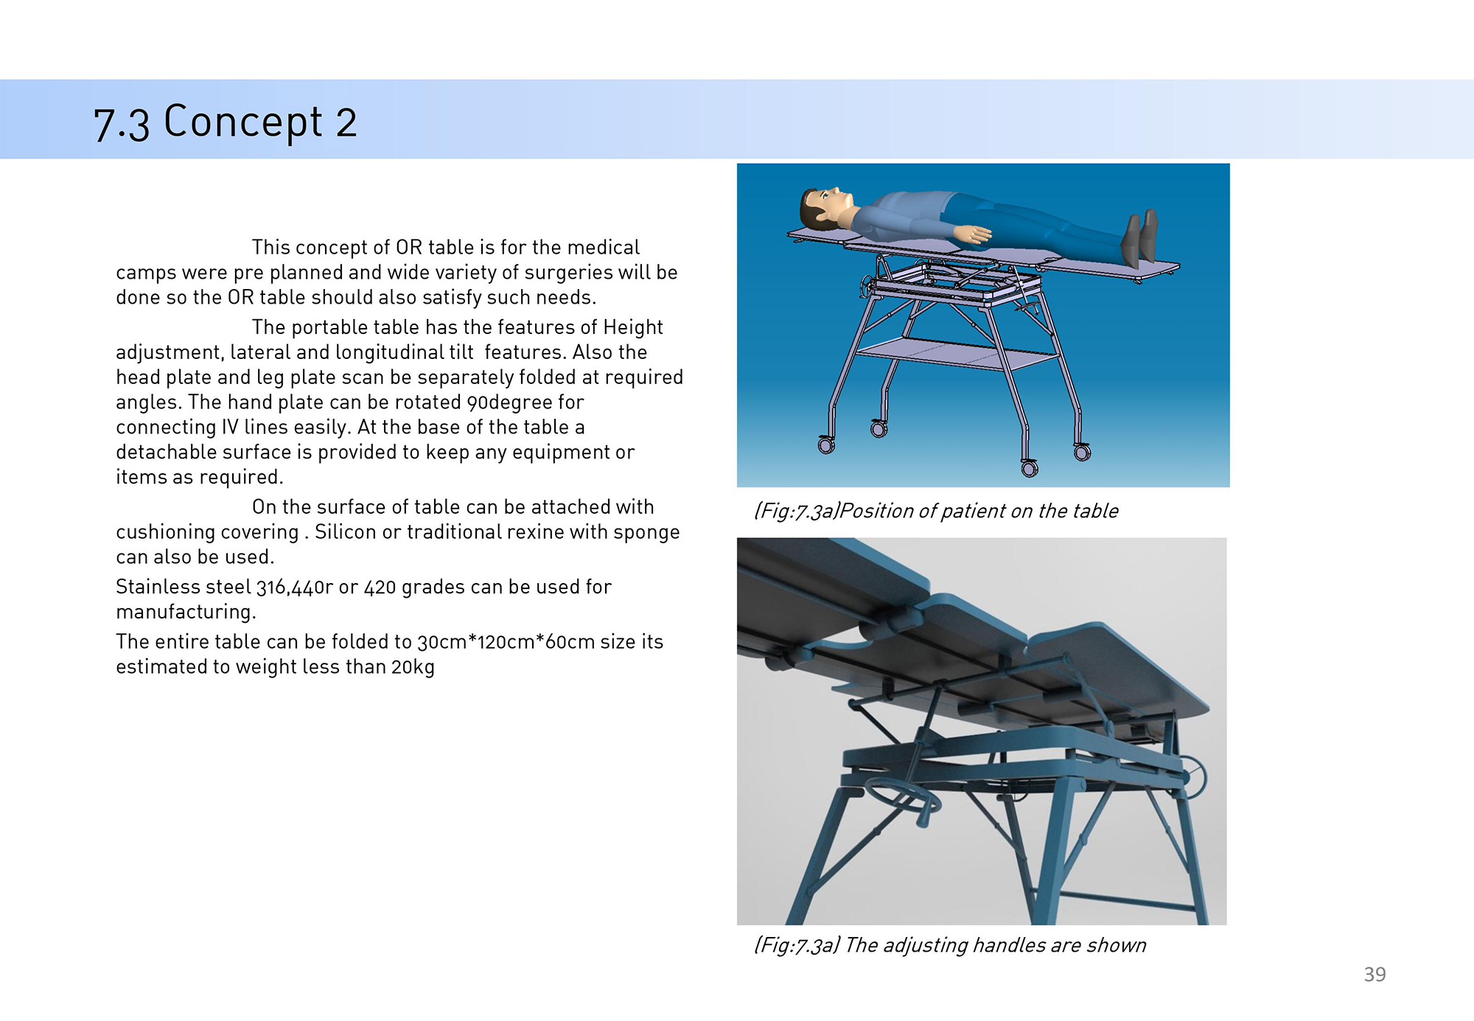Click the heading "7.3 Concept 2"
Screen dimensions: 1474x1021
point(225,122)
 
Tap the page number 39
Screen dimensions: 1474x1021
point(1375,975)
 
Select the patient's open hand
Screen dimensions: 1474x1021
point(973,234)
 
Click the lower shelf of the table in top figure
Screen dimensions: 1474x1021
point(957,355)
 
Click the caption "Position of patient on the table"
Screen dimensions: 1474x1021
point(979,511)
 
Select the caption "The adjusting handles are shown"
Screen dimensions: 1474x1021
point(996,945)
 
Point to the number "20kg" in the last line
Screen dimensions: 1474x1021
point(413,667)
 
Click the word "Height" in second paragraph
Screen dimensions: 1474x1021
point(633,327)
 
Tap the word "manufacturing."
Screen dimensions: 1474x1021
point(186,612)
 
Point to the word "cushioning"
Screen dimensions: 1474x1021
point(165,532)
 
